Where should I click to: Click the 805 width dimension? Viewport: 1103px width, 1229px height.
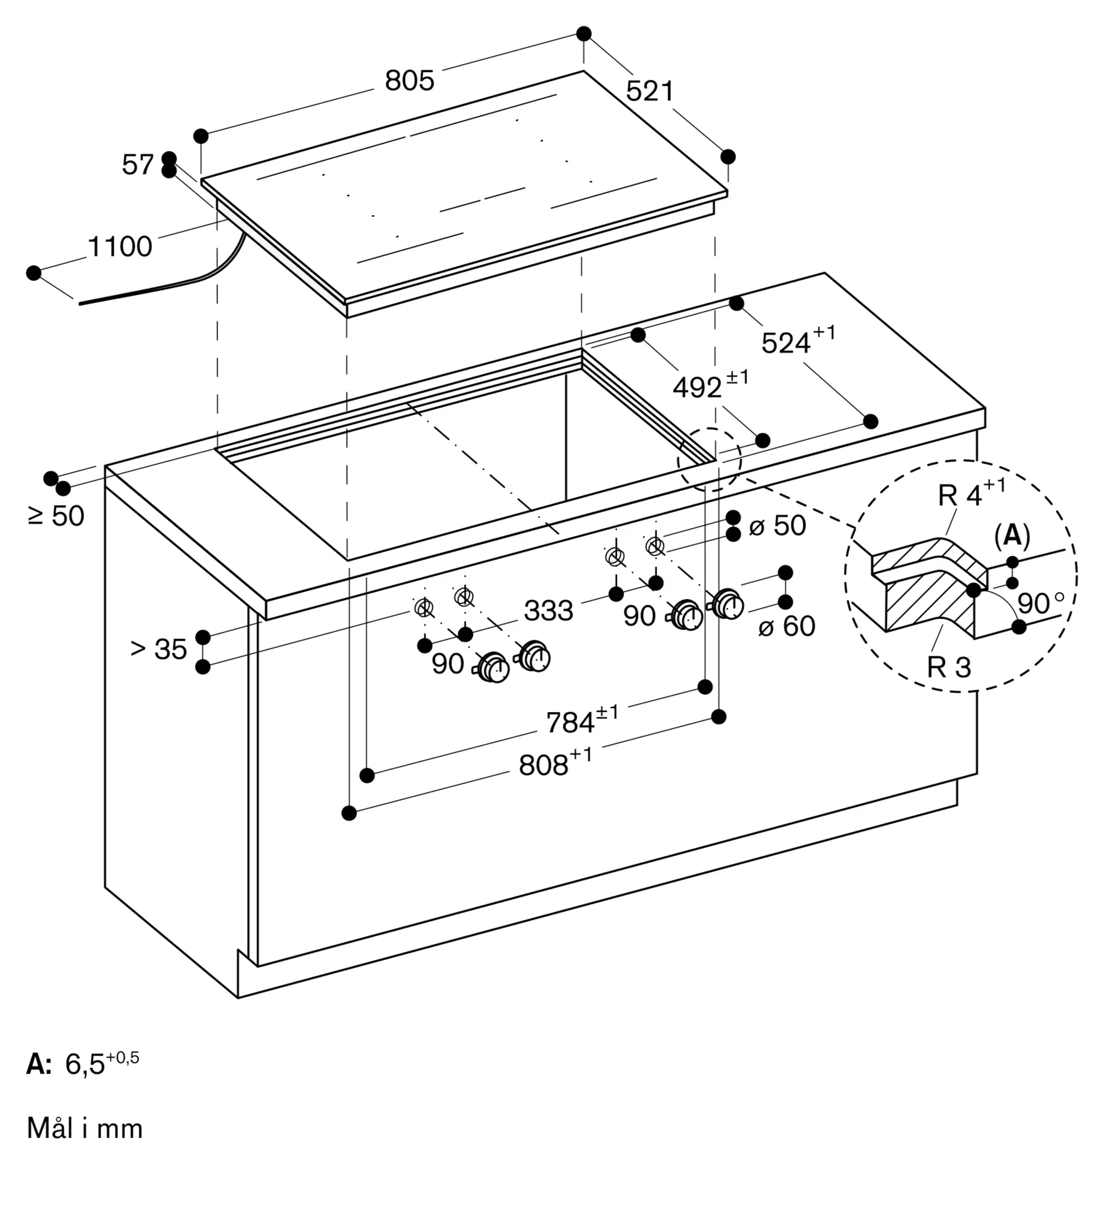point(409,80)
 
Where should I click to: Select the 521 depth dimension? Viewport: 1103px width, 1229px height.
point(650,92)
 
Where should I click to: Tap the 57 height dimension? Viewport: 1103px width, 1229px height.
point(137,165)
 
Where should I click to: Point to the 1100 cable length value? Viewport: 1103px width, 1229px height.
point(120,246)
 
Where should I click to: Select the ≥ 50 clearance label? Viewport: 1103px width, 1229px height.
point(56,516)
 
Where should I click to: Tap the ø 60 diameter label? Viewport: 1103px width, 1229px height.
point(787,626)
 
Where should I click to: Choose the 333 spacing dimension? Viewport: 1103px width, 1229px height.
point(548,611)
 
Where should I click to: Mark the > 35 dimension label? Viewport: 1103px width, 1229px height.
point(159,649)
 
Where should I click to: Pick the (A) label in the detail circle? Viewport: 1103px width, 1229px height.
point(1011,536)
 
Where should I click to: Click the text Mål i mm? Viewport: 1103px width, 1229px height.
point(85,1129)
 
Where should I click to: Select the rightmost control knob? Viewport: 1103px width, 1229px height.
point(728,605)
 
